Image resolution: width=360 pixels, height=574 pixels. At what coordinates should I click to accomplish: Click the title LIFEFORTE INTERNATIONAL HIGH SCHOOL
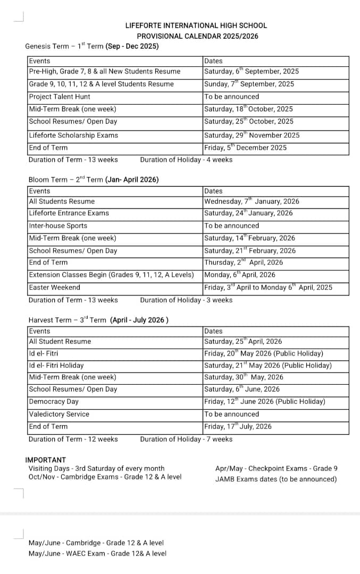tap(196, 25)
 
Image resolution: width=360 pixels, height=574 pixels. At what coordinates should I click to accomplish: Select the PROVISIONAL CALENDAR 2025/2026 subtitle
tap(197, 36)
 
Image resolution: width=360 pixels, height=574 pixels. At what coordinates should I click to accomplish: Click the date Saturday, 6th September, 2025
tap(252, 71)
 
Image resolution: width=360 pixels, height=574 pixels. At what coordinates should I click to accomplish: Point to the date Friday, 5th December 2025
tap(245, 148)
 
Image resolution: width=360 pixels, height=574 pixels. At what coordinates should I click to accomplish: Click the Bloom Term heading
tap(93, 180)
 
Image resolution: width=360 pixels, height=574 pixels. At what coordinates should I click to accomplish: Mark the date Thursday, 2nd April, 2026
tap(244, 263)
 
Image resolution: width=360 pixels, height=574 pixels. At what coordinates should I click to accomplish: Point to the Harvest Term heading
tap(98, 320)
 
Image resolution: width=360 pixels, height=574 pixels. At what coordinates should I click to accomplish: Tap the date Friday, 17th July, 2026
tap(238, 426)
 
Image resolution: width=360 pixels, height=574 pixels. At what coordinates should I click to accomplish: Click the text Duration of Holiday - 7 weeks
tap(186, 439)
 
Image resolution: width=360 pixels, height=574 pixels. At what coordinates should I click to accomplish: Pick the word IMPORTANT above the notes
tap(46, 460)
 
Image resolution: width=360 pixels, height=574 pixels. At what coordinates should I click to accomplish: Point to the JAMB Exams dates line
tap(276, 479)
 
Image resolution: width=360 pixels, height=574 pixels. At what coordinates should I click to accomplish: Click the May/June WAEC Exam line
tap(97, 553)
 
